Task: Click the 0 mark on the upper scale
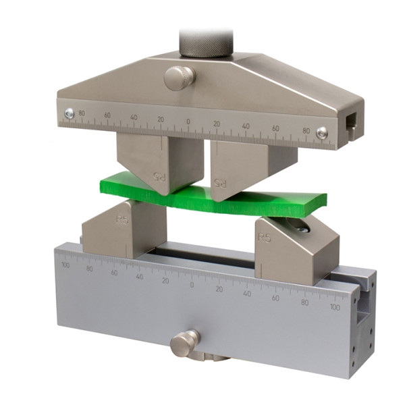tap(188, 122)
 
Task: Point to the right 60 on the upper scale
tap(275, 128)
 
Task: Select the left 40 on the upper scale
tap(134, 117)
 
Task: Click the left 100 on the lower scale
tap(65, 265)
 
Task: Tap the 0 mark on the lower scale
tap(192, 285)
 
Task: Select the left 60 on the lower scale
tap(114, 272)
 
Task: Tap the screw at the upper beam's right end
tap(323, 134)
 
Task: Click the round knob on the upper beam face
tap(178, 77)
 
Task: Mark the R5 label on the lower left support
tap(122, 219)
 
